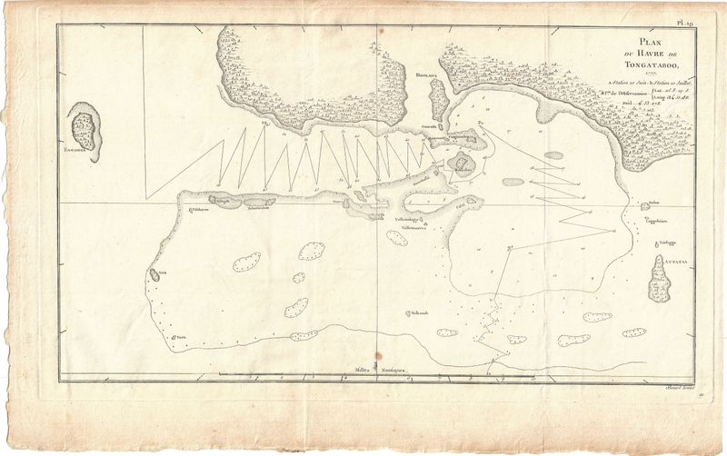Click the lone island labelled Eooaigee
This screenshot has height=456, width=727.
click(x=85, y=128)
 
